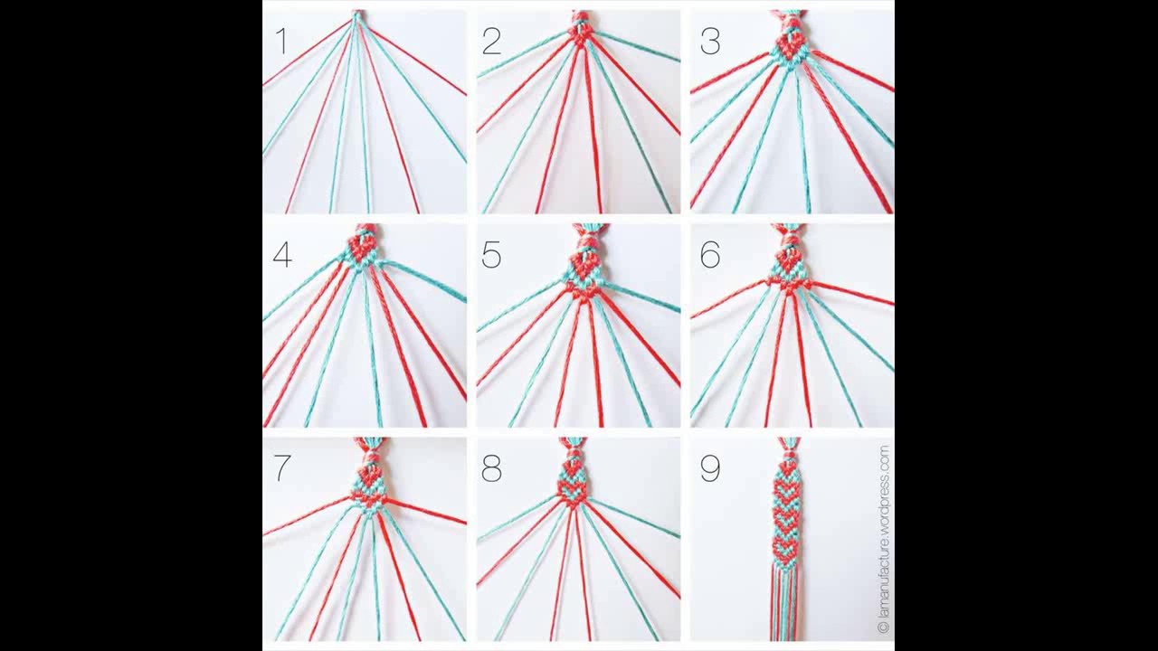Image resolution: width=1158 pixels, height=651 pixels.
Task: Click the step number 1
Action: [x=281, y=41]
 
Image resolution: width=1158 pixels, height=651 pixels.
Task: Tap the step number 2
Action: [x=491, y=41]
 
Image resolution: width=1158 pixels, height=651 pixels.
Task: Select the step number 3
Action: [x=710, y=41]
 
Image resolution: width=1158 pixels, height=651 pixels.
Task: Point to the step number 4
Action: [x=282, y=255]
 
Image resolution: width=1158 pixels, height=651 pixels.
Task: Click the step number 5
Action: [x=491, y=255]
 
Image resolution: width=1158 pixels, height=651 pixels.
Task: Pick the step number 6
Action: [x=710, y=255]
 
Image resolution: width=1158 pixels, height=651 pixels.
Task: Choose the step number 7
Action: [x=282, y=468]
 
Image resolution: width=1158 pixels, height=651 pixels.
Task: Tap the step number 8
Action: [x=491, y=468]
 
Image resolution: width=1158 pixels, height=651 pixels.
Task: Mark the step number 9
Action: [x=710, y=468]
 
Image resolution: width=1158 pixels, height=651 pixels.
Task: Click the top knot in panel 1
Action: [x=356, y=15]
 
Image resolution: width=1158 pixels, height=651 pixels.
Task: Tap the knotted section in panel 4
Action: [x=363, y=249]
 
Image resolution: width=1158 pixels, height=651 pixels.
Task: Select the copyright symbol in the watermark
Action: [x=883, y=628]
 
